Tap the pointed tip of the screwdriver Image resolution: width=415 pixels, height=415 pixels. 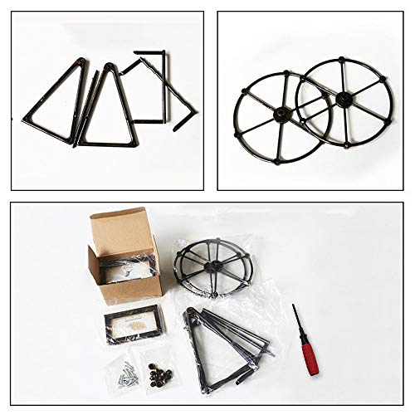point(293,305)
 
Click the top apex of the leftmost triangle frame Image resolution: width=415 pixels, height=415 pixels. point(83,60)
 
